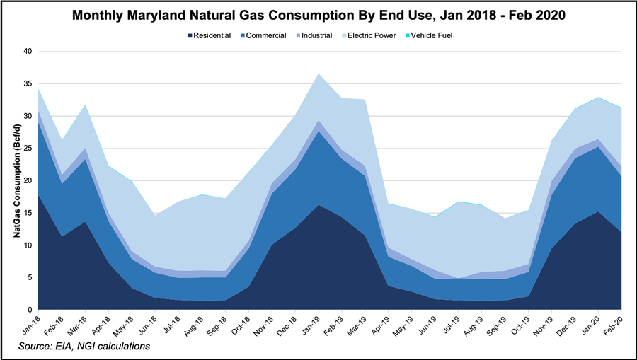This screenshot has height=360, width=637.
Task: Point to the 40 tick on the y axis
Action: [x=28, y=52]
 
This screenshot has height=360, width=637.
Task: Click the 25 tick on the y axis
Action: [x=28, y=149]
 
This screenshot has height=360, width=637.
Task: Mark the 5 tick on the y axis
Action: [x=30, y=277]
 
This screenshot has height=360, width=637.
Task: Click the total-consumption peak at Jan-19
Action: [x=319, y=74]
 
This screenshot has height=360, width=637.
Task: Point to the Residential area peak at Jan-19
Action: [x=319, y=205]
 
